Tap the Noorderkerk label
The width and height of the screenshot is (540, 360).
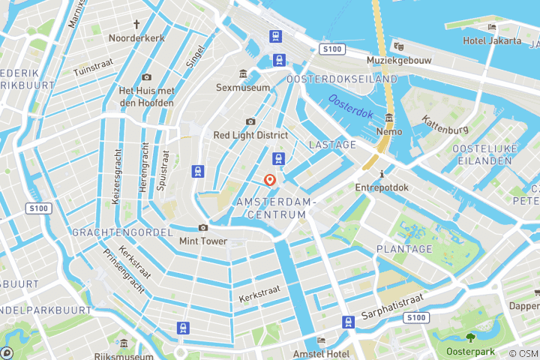(x=136, y=37)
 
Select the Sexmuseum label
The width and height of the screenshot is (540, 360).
(x=242, y=88)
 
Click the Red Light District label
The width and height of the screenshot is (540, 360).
(x=250, y=135)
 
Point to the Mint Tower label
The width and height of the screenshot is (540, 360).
(x=202, y=241)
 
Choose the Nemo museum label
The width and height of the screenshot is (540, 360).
(x=389, y=131)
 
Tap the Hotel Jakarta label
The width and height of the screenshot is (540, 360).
(x=491, y=40)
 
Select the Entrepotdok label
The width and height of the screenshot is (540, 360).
(x=382, y=187)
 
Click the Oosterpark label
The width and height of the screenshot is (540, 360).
(x=471, y=351)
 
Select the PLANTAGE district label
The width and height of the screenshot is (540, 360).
(x=404, y=249)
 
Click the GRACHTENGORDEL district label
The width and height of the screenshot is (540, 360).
(x=122, y=232)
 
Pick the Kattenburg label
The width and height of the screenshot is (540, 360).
(x=445, y=124)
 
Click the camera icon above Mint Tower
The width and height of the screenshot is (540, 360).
(x=202, y=227)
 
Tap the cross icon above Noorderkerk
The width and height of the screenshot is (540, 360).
(x=136, y=23)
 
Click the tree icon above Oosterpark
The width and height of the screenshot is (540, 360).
(x=471, y=337)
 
